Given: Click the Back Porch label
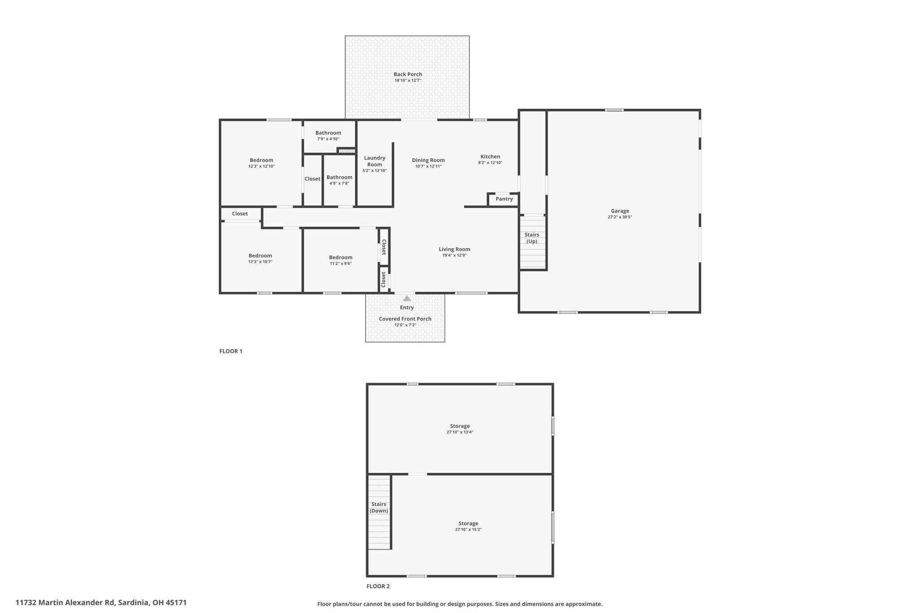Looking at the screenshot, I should coord(407,75).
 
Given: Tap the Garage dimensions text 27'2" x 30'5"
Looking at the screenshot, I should coord(619,217).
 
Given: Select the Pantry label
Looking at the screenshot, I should coord(504,199).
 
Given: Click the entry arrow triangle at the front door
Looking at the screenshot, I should coord(407,298).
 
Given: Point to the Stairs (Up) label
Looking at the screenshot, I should coord(532,238).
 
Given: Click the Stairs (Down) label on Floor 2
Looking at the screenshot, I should coord(379,507).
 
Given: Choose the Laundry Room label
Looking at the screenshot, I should coord(374,161).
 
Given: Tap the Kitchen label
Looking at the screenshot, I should coord(490,157).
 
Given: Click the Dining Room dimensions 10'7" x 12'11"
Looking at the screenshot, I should coord(428,167).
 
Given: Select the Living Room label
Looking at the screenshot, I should coord(454,249).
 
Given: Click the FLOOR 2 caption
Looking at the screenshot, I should coord(378,586).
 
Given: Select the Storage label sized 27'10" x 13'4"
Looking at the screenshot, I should coord(460,426).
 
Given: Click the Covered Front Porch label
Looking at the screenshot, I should coord(405,319).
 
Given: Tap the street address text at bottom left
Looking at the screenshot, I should coord(101,603).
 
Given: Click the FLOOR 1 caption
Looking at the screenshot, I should coord(230,351).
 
